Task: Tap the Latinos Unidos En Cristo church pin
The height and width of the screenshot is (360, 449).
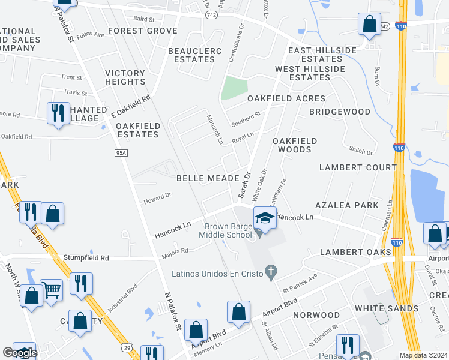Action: point(271,273)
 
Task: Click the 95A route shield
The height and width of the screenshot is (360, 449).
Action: point(122,153)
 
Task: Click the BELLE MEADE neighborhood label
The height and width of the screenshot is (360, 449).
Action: point(199,179)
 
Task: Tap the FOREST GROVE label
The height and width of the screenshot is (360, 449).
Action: point(142,31)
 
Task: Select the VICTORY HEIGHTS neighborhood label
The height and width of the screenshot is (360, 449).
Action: point(125,77)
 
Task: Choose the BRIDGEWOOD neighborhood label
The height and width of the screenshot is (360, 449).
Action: point(340,112)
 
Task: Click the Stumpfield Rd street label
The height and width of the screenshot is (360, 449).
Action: point(86,258)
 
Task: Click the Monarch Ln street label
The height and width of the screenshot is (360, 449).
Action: point(215,130)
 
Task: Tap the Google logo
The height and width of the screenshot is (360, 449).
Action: point(20,353)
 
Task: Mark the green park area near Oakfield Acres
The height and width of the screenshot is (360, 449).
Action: point(234,88)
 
